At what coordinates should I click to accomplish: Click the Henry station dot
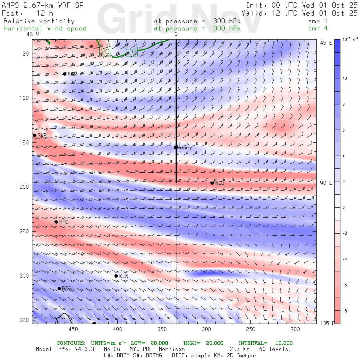pyautogui.click(x=176, y=147)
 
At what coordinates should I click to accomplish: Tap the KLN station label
pyautogui.click(x=124, y=276)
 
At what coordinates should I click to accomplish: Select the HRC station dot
pyautogui.click(x=56, y=222)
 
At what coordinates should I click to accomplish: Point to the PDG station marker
pyautogui.click(x=59, y=288)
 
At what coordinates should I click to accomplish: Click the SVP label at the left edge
pyautogui.click(x=42, y=135)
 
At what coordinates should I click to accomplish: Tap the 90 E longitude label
pyautogui.click(x=326, y=183)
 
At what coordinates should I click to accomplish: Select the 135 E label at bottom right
pyautogui.click(x=328, y=323)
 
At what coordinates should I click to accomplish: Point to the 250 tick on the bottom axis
pyautogui.click(x=250, y=329)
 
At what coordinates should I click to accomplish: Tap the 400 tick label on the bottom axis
pyautogui.click(x=117, y=329)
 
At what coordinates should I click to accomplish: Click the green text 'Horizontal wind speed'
pyautogui.click(x=45, y=28)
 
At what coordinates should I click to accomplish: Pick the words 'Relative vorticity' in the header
pyautogui.click(x=39, y=21)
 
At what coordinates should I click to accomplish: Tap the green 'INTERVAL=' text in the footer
pyautogui.click(x=252, y=343)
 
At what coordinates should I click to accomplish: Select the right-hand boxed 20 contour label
pyautogui.click(x=132, y=51)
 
